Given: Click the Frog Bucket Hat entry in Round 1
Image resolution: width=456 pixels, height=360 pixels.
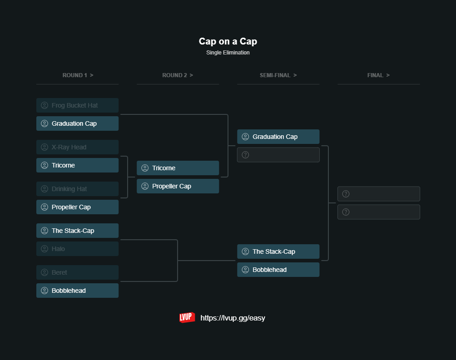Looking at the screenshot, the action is pos(77,105).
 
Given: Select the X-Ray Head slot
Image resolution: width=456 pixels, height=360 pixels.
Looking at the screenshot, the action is pos(77,147).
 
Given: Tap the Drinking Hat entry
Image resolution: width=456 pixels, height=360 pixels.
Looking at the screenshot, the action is pos(77,189).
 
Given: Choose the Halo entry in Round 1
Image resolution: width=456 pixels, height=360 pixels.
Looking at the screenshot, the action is pos(77,249).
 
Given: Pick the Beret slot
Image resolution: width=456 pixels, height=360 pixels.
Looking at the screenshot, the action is pos(77,272).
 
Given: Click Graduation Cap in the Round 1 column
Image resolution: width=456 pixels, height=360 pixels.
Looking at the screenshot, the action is pos(77,123).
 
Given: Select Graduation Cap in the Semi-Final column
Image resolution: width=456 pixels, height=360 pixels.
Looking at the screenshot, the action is pos(278,137).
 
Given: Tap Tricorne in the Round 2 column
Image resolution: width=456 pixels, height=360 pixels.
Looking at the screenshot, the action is pos(178,168).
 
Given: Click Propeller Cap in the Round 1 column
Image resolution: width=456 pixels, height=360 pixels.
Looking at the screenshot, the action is pos(77,207).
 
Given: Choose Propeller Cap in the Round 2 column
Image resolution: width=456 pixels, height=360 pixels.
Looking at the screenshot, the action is pos(178,186).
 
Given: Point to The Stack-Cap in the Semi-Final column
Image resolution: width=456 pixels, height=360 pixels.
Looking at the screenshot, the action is pos(278,252).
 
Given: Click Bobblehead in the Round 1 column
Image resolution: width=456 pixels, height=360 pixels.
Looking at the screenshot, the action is pos(77,291).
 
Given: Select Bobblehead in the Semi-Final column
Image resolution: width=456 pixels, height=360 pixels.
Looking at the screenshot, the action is pos(278,270).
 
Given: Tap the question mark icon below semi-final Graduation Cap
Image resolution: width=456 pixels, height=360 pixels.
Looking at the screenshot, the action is pos(245,155).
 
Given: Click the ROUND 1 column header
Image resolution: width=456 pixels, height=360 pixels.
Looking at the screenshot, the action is pos(78,75).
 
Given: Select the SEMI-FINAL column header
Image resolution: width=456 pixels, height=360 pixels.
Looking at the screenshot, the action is pos(278,75).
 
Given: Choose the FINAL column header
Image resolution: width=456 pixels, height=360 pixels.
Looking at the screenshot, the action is pos(378,75).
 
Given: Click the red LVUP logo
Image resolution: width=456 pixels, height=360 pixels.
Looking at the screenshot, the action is pos(187,317).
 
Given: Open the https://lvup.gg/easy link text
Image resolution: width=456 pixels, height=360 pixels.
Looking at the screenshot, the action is pos(233,318).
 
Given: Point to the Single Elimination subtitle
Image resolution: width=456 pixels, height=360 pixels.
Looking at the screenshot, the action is pos(228,53).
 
